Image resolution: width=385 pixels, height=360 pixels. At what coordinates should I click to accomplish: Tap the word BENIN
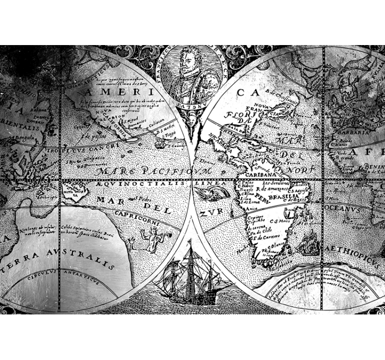click(x=373, y=167)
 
